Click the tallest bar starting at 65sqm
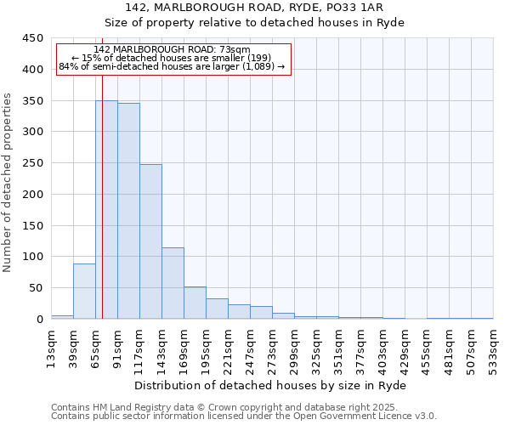(106, 210)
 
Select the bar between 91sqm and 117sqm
(128, 211)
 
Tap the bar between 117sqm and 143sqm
(150, 241)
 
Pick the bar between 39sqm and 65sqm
(84, 291)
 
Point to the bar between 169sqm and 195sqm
(195, 303)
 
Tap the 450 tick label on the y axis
(33, 38)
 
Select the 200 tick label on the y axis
(33, 195)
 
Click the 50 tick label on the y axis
(37, 288)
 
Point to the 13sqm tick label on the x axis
(51, 346)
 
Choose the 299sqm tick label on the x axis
(294, 346)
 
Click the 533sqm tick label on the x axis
(493, 346)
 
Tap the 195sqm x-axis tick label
(206, 346)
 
